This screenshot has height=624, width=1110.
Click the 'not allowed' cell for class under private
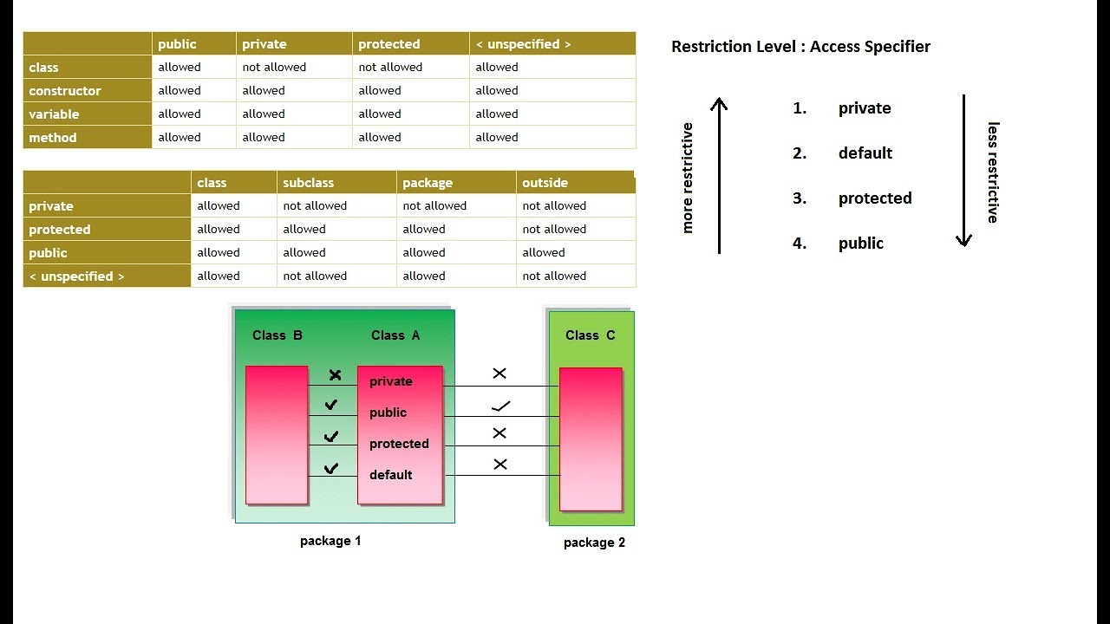[x=274, y=68]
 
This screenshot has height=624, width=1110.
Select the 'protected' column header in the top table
[x=388, y=44]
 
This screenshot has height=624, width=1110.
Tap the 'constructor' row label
[x=65, y=91]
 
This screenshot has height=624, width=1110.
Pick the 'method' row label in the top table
[x=53, y=138]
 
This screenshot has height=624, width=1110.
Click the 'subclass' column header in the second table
[x=308, y=183]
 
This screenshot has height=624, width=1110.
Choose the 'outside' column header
[x=545, y=183]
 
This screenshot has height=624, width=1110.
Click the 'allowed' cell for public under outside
[x=544, y=253]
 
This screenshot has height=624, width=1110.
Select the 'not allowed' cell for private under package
[x=434, y=206]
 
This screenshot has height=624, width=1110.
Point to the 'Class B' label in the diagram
[x=277, y=335]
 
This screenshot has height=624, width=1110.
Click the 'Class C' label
[x=590, y=335]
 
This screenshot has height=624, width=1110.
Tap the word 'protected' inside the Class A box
[x=399, y=444]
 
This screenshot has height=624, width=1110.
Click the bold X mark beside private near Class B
[x=335, y=375]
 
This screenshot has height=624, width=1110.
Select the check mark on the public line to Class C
[x=500, y=406]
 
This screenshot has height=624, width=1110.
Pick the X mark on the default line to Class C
[x=500, y=465]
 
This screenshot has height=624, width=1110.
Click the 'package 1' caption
[x=330, y=541]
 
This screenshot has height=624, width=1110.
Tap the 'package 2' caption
[x=594, y=543]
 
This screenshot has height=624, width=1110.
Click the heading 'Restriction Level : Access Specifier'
[x=800, y=47]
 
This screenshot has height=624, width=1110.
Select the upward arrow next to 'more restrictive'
[x=719, y=173]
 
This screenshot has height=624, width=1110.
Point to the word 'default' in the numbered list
[x=865, y=153]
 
